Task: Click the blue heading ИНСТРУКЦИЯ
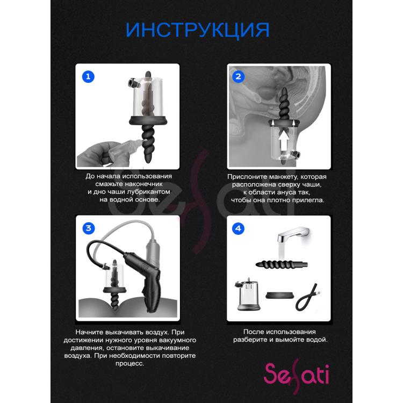[197, 30]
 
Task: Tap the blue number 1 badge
[88, 77]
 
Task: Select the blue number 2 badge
[238, 77]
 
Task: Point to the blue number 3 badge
[89, 228]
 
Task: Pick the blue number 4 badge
[238, 228]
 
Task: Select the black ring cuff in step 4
[279, 295]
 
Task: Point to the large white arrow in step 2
[283, 141]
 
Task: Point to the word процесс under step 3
[130, 363]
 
